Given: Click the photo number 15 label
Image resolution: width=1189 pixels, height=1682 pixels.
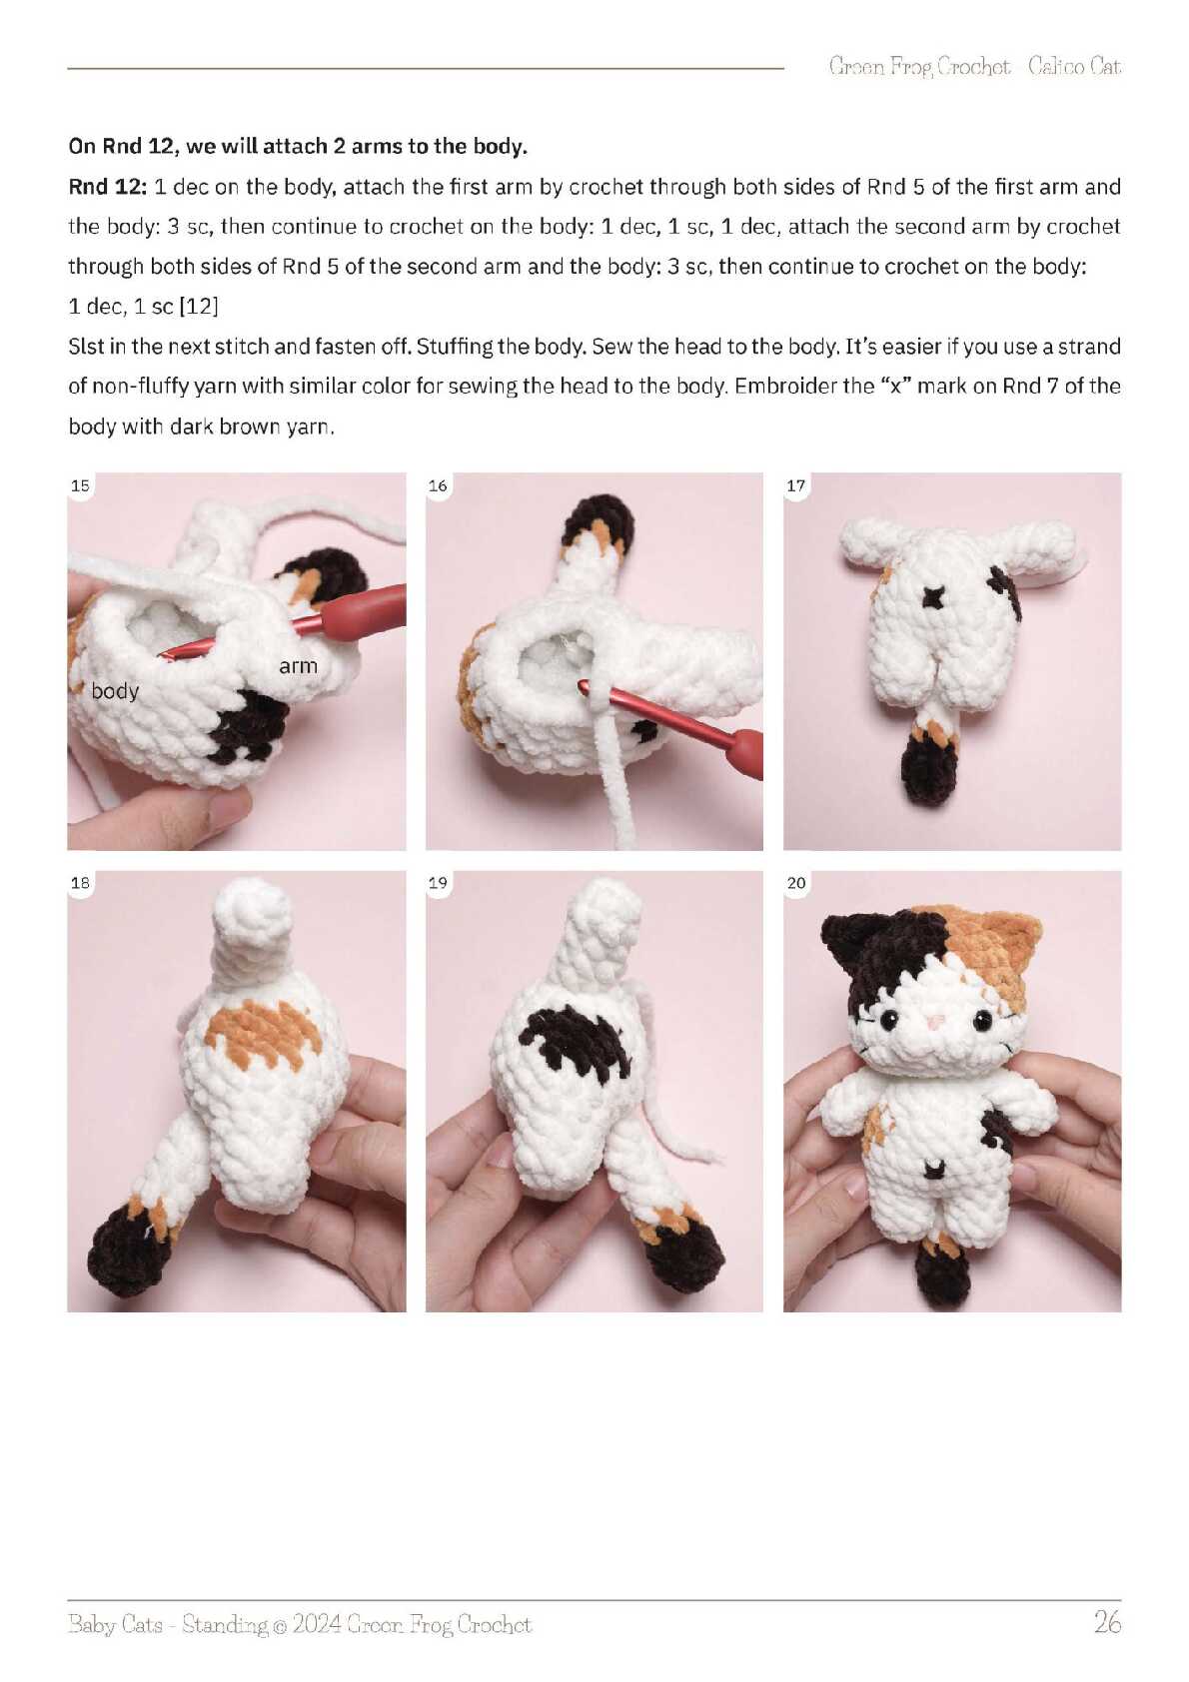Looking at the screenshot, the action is point(80,485).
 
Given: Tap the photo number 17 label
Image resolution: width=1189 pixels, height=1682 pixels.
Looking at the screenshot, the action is point(795,485).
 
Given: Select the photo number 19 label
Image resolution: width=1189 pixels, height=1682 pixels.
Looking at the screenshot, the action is point(438,883).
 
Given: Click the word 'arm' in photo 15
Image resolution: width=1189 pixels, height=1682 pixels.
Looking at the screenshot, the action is point(298,666).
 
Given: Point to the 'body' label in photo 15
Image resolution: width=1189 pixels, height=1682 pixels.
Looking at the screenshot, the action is point(115,691).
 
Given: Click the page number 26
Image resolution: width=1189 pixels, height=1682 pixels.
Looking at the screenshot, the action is point(1107,1623).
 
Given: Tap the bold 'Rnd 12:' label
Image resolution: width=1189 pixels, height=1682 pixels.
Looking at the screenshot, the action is point(107,186).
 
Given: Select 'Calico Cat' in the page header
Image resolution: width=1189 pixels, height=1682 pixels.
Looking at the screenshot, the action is point(1075,67).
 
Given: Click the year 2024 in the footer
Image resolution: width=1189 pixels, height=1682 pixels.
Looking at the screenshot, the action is point(318,1624).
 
